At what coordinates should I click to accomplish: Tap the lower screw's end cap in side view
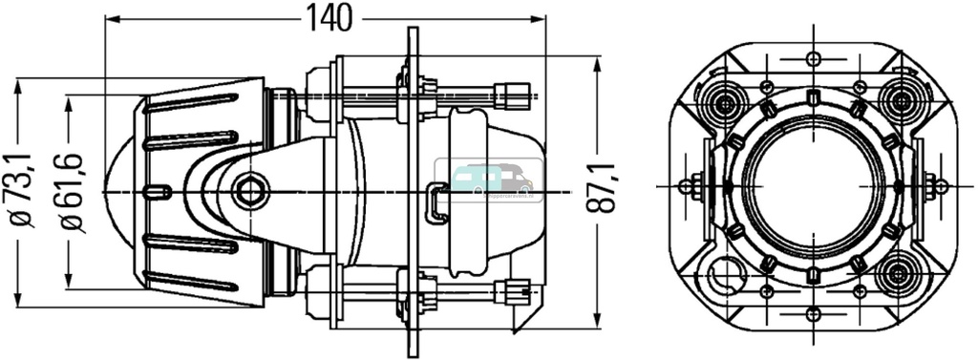516,289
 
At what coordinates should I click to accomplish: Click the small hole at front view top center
813,60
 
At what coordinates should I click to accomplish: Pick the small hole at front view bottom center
813,314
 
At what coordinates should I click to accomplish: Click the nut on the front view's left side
686,187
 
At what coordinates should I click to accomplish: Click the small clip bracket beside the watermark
437,202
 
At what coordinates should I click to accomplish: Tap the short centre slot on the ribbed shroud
158,192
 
